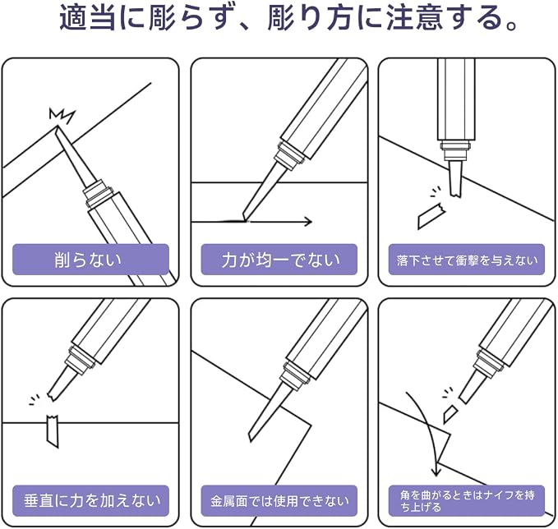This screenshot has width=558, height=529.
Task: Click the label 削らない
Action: click(x=88, y=260)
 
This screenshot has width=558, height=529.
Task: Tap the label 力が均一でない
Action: click(x=280, y=260)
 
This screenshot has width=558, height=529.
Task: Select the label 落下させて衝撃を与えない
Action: click(x=467, y=260)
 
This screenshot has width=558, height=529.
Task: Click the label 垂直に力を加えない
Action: click(x=92, y=501)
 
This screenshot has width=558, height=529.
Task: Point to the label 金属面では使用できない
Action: click(x=279, y=501)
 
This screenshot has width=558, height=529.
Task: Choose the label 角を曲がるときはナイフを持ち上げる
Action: click(x=467, y=501)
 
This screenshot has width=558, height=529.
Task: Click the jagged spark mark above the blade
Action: click(x=62, y=115)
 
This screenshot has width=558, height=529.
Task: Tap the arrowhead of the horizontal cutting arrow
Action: click(x=307, y=222)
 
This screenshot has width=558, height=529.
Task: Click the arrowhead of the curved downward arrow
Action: click(x=436, y=472)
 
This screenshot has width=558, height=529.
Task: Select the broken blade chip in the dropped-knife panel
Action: click(x=431, y=215)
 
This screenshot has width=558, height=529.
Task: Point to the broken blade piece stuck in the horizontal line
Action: click(x=53, y=430)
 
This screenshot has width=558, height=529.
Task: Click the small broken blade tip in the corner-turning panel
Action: click(x=450, y=412)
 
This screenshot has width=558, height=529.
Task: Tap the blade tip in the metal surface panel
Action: click(x=250, y=438)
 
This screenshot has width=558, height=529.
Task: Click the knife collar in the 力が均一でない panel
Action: click(x=290, y=155)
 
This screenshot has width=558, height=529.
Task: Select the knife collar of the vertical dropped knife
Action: click(x=456, y=151)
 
